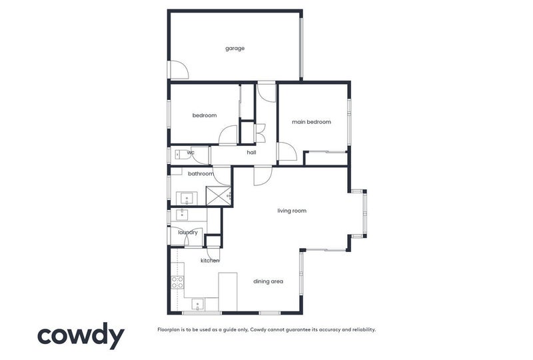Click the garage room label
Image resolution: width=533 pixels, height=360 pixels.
(235, 48)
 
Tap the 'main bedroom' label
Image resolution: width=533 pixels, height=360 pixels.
(311, 122)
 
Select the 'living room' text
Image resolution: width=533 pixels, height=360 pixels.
(292, 211)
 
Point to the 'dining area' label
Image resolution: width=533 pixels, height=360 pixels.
(268, 281)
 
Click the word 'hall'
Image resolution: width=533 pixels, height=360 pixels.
(251, 153)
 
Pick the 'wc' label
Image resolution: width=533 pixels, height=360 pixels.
(191, 153)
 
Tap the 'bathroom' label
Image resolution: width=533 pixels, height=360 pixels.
(201, 174)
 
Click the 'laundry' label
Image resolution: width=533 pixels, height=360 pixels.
(188, 232)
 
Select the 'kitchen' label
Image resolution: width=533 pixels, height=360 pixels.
(210, 260)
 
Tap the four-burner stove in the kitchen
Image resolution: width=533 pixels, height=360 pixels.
(177, 281)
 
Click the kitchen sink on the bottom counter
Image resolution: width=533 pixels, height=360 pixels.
(198, 305)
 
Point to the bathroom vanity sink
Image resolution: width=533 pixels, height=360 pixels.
(186, 197)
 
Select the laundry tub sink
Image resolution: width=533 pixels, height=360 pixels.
(181, 214)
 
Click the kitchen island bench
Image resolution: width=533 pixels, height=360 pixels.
(228, 291)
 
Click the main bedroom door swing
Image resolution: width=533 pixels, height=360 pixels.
(286, 152)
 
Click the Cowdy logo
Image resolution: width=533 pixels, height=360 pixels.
(81, 335)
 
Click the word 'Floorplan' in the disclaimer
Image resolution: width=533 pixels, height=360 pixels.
(170, 329)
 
